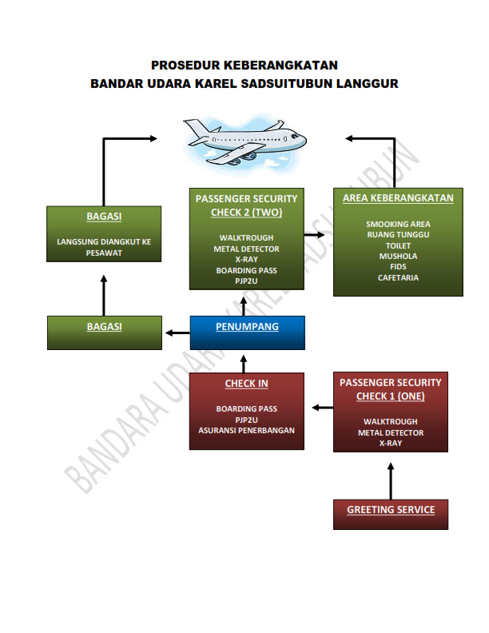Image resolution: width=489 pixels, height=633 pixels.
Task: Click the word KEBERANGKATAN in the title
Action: click(x=280, y=65)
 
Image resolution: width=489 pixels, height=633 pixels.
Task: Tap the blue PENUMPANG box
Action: click(x=248, y=332)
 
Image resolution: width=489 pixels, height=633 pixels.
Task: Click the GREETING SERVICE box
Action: click(x=391, y=515)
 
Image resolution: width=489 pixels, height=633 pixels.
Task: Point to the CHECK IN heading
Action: click(x=247, y=384)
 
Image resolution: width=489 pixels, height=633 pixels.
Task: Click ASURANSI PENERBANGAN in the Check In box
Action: click(x=247, y=430)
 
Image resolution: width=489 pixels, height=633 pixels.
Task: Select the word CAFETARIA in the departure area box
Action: click(x=398, y=278)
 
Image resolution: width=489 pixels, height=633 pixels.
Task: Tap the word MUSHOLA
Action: click(x=398, y=257)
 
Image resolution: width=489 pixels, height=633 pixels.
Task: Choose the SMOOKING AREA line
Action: click(x=398, y=224)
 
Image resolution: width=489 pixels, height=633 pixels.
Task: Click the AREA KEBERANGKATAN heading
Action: click(x=398, y=198)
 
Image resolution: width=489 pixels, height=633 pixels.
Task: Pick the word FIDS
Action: click(x=398, y=267)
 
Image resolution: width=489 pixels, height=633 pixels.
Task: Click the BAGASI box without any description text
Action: click(x=105, y=332)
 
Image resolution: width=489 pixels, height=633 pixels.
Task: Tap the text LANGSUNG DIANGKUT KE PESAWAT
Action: click(x=104, y=248)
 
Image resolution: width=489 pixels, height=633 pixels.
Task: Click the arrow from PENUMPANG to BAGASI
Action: click(x=177, y=333)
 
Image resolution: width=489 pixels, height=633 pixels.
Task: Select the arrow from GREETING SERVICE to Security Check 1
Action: click(x=391, y=481)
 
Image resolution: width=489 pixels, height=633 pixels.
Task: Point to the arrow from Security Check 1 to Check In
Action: click(x=323, y=408)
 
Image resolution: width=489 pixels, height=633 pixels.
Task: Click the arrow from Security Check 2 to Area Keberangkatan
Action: click(x=314, y=234)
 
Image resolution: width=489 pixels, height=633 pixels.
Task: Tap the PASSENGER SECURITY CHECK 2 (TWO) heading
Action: click(x=247, y=205)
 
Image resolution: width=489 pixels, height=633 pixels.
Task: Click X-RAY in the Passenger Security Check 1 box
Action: click(x=391, y=444)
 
